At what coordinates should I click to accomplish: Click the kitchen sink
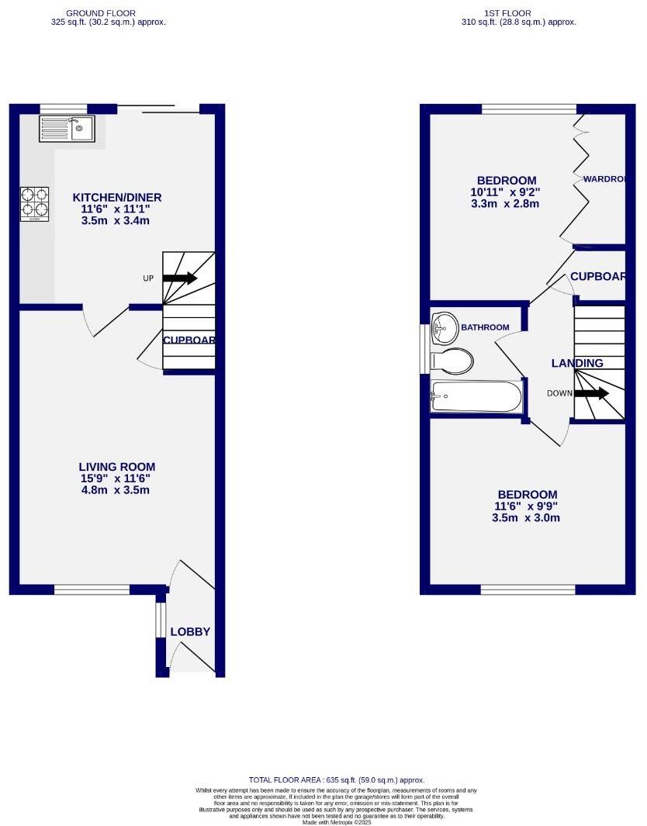(67, 129)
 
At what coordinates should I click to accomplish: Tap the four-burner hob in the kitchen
(34, 203)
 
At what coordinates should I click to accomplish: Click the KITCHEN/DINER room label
(117, 198)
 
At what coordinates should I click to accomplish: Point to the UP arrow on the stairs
(180, 278)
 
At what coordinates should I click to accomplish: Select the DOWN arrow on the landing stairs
(592, 393)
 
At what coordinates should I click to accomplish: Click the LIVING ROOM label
(117, 467)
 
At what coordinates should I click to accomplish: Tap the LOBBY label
(190, 632)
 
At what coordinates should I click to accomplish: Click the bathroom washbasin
(445, 327)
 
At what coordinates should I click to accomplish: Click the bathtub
(476, 397)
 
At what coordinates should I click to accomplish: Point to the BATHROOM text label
(485, 327)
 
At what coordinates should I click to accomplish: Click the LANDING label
(577, 363)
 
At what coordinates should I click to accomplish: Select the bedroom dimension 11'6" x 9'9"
(527, 506)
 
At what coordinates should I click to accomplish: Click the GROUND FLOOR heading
(101, 13)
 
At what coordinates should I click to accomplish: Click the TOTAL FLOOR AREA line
(336, 779)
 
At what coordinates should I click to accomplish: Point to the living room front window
(92, 590)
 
